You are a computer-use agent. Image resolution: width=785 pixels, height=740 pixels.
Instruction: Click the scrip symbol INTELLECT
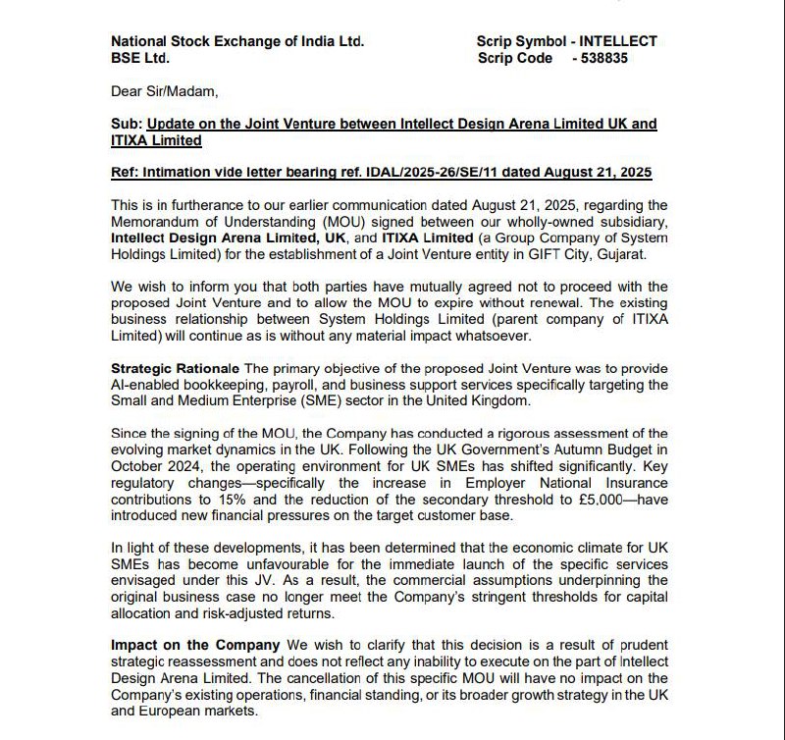coord(618,41)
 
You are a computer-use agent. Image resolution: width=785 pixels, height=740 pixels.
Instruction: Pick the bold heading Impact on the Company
coord(195,645)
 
